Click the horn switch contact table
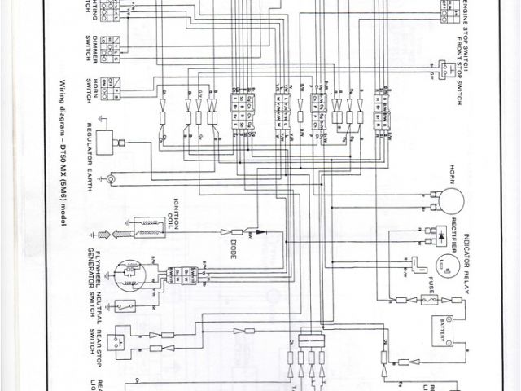116,84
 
